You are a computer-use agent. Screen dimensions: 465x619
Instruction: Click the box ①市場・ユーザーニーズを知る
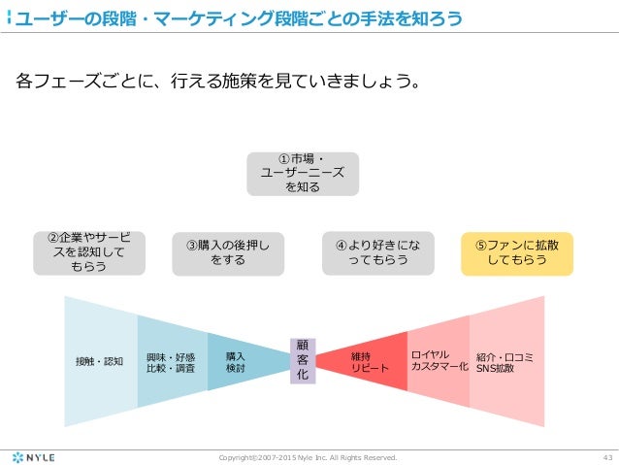(303, 174)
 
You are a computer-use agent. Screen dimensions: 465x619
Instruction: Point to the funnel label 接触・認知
(99, 361)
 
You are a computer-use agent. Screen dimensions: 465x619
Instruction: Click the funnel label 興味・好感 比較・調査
(171, 362)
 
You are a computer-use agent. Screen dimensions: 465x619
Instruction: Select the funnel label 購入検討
(235, 362)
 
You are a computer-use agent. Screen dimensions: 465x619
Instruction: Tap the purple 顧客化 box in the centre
(302, 360)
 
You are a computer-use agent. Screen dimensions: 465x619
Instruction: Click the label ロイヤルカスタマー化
(439, 361)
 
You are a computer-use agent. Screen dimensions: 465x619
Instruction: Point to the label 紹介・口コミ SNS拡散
(505, 362)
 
